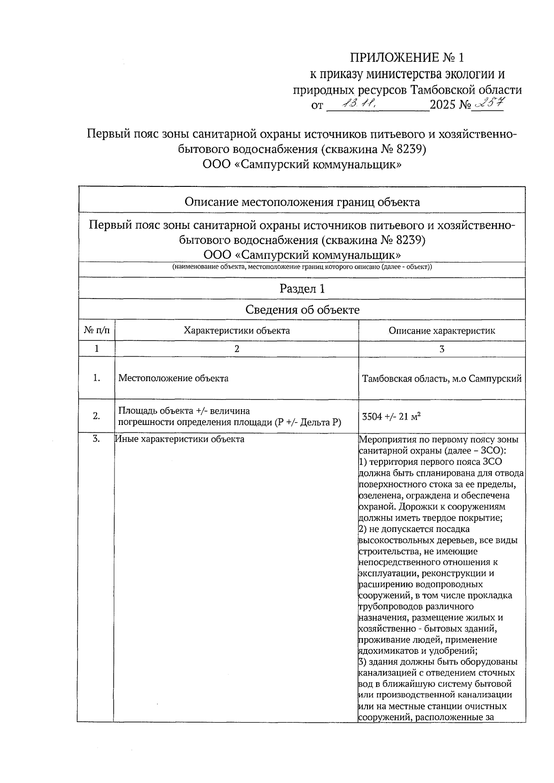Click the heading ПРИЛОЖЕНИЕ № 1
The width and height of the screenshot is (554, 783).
[406, 58]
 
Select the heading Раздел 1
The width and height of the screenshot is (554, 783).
[302, 289]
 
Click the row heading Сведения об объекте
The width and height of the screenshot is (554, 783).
[302, 310]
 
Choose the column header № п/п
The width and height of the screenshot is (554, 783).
[96, 330]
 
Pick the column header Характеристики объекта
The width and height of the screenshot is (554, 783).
[236, 330]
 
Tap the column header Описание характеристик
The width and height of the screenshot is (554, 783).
[441, 330]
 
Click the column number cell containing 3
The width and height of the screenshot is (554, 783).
[441, 349]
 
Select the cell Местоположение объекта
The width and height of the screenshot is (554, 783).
[173, 378]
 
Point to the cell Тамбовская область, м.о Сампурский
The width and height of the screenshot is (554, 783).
[441, 379]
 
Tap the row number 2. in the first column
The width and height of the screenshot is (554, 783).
[96, 416]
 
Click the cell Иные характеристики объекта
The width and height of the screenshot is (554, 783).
[180, 439]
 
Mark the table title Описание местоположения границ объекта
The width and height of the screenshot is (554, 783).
[302, 202]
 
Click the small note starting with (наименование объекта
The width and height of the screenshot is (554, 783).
[302, 267]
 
